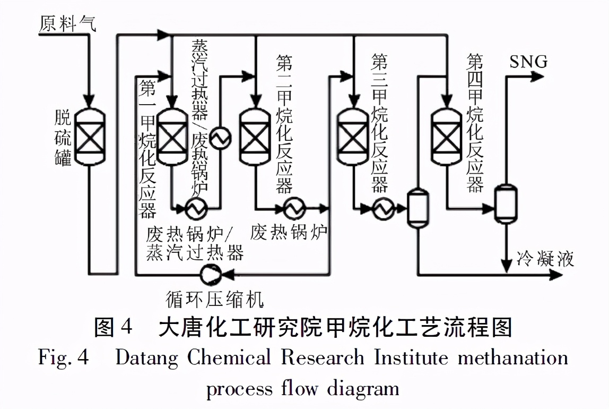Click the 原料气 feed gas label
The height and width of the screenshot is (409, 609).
click(67, 23)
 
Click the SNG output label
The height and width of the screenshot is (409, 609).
click(528, 62)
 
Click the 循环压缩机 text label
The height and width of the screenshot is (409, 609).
click(215, 300)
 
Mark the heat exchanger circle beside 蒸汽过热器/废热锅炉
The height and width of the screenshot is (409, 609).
click(220, 139)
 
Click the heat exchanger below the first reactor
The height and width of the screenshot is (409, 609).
click(195, 209)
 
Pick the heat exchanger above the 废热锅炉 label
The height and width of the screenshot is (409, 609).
click(292, 209)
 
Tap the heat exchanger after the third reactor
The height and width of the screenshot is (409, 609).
click(381, 209)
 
